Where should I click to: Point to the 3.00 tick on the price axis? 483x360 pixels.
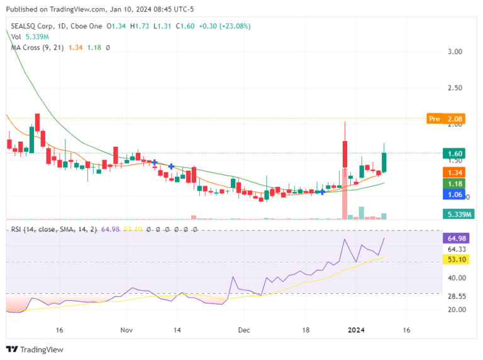click(456, 52)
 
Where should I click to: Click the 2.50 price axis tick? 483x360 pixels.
click(456, 87)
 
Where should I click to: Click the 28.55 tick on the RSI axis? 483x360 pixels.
click(457, 296)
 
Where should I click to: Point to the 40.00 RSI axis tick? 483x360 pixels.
click(457, 278)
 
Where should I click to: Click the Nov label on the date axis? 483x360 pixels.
click(126, 330)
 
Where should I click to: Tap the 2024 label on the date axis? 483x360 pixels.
click(357, 330)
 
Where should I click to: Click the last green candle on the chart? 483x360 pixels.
click(383, 162)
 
